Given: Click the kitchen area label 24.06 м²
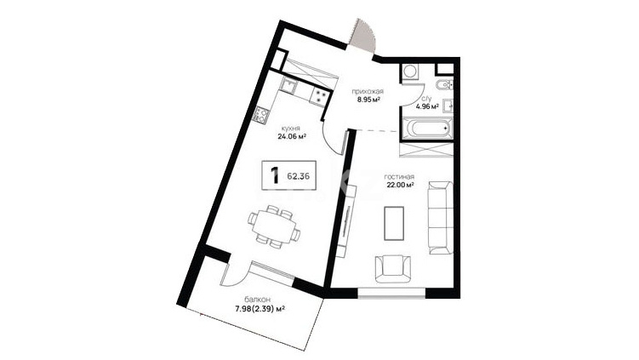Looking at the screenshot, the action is coord(292,137).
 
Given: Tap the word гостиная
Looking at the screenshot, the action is coord(399,177).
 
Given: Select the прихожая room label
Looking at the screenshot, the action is coord(368,92).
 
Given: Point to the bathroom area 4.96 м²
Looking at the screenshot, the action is coord(426,107).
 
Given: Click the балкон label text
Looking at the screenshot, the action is coord(258,300).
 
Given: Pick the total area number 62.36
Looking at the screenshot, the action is coord(299,176).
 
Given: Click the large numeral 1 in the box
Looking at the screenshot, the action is coord(275,175).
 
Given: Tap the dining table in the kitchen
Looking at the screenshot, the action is coord(274,227).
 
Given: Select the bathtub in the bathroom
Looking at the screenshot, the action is coord(426,129).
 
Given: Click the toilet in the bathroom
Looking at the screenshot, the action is coord(444,85).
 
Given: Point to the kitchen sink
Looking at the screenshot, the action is coord(289,86).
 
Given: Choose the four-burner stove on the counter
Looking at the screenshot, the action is coord(320,97).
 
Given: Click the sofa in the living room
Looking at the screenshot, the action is coord(441,218).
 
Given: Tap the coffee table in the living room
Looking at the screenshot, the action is coord(394,223).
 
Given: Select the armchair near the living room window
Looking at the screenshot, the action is coord(393,269).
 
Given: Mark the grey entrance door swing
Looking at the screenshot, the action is coord(363,36).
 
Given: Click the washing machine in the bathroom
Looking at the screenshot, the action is coord(409,73).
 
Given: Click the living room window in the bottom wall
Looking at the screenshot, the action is coord(391,293).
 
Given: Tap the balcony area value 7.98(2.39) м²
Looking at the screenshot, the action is coord(260,309).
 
